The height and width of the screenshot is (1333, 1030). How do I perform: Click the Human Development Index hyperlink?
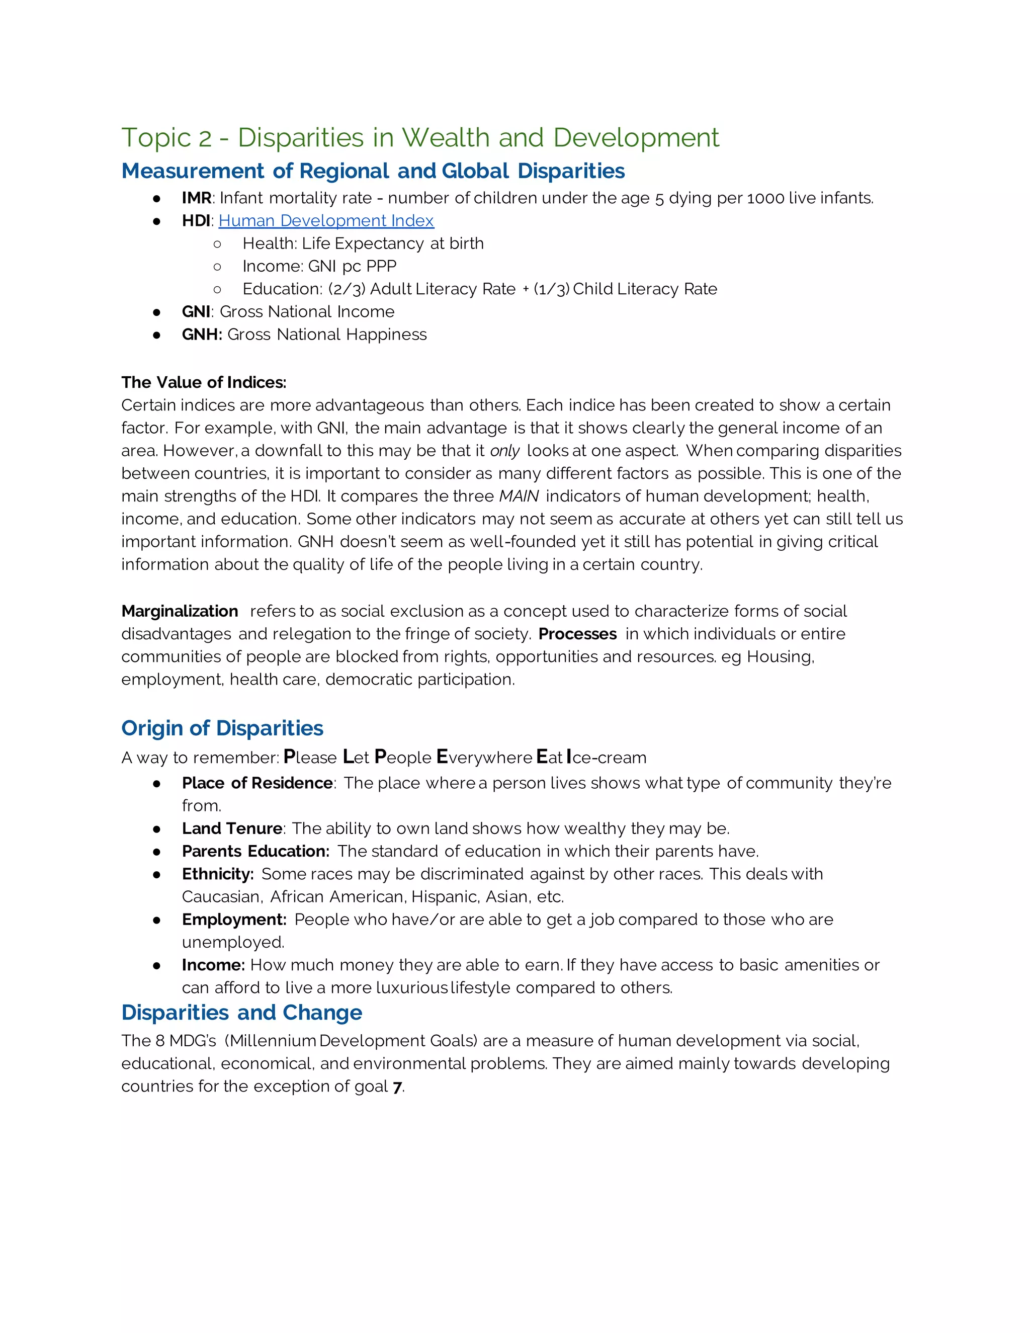326,220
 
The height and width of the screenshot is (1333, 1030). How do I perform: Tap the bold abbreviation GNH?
201,335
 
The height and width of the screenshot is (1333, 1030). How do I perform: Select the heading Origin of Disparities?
222,728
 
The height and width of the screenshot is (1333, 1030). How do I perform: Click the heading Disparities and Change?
241,1013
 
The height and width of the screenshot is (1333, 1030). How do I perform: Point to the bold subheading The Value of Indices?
204,382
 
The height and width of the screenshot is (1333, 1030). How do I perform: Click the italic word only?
504,451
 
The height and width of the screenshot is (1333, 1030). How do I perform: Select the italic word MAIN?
519,496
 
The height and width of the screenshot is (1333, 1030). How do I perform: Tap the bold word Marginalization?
180,611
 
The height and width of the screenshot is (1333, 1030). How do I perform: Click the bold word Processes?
577,634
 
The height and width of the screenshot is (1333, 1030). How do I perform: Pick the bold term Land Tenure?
232,828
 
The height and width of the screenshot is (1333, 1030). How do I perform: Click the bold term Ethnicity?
217,874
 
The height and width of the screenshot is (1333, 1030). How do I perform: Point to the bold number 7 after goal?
397,1087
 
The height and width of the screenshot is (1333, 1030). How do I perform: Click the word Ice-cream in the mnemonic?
607,758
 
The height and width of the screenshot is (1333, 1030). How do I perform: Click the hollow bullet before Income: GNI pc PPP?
217,267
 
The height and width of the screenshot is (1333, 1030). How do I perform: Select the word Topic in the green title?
156,138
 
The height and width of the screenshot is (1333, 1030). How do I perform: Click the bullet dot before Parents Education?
157,852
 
